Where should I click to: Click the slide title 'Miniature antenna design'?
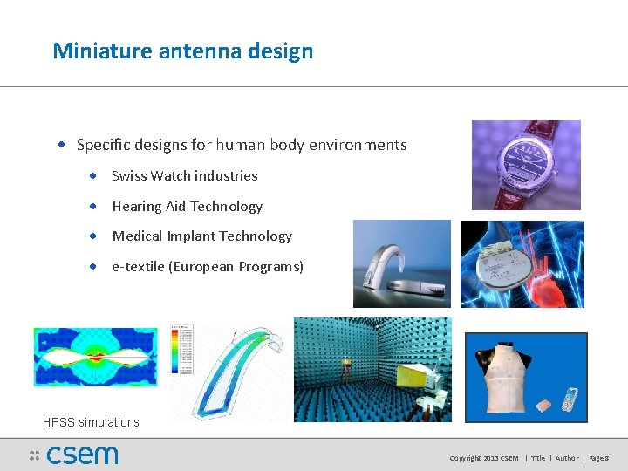coord(182,51)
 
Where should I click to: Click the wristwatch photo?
coord(526,165)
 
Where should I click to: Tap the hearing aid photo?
coord(401,263)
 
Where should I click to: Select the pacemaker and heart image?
coord(522,263)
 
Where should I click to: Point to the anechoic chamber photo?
coord(372,369)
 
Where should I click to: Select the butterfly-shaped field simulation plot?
coord(96,357)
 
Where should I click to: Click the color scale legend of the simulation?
coord(180,350)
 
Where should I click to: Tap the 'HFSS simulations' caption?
coord(91,422)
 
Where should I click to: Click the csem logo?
coord(74,455)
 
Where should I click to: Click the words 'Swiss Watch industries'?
coord(185,175)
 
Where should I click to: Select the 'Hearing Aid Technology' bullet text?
coord(187,206)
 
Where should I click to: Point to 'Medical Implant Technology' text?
coord(201,235)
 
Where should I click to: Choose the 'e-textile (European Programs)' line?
coord(208,266)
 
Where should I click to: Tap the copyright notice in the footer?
coord(483,458)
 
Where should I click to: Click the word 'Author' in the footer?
coord(567,458)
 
